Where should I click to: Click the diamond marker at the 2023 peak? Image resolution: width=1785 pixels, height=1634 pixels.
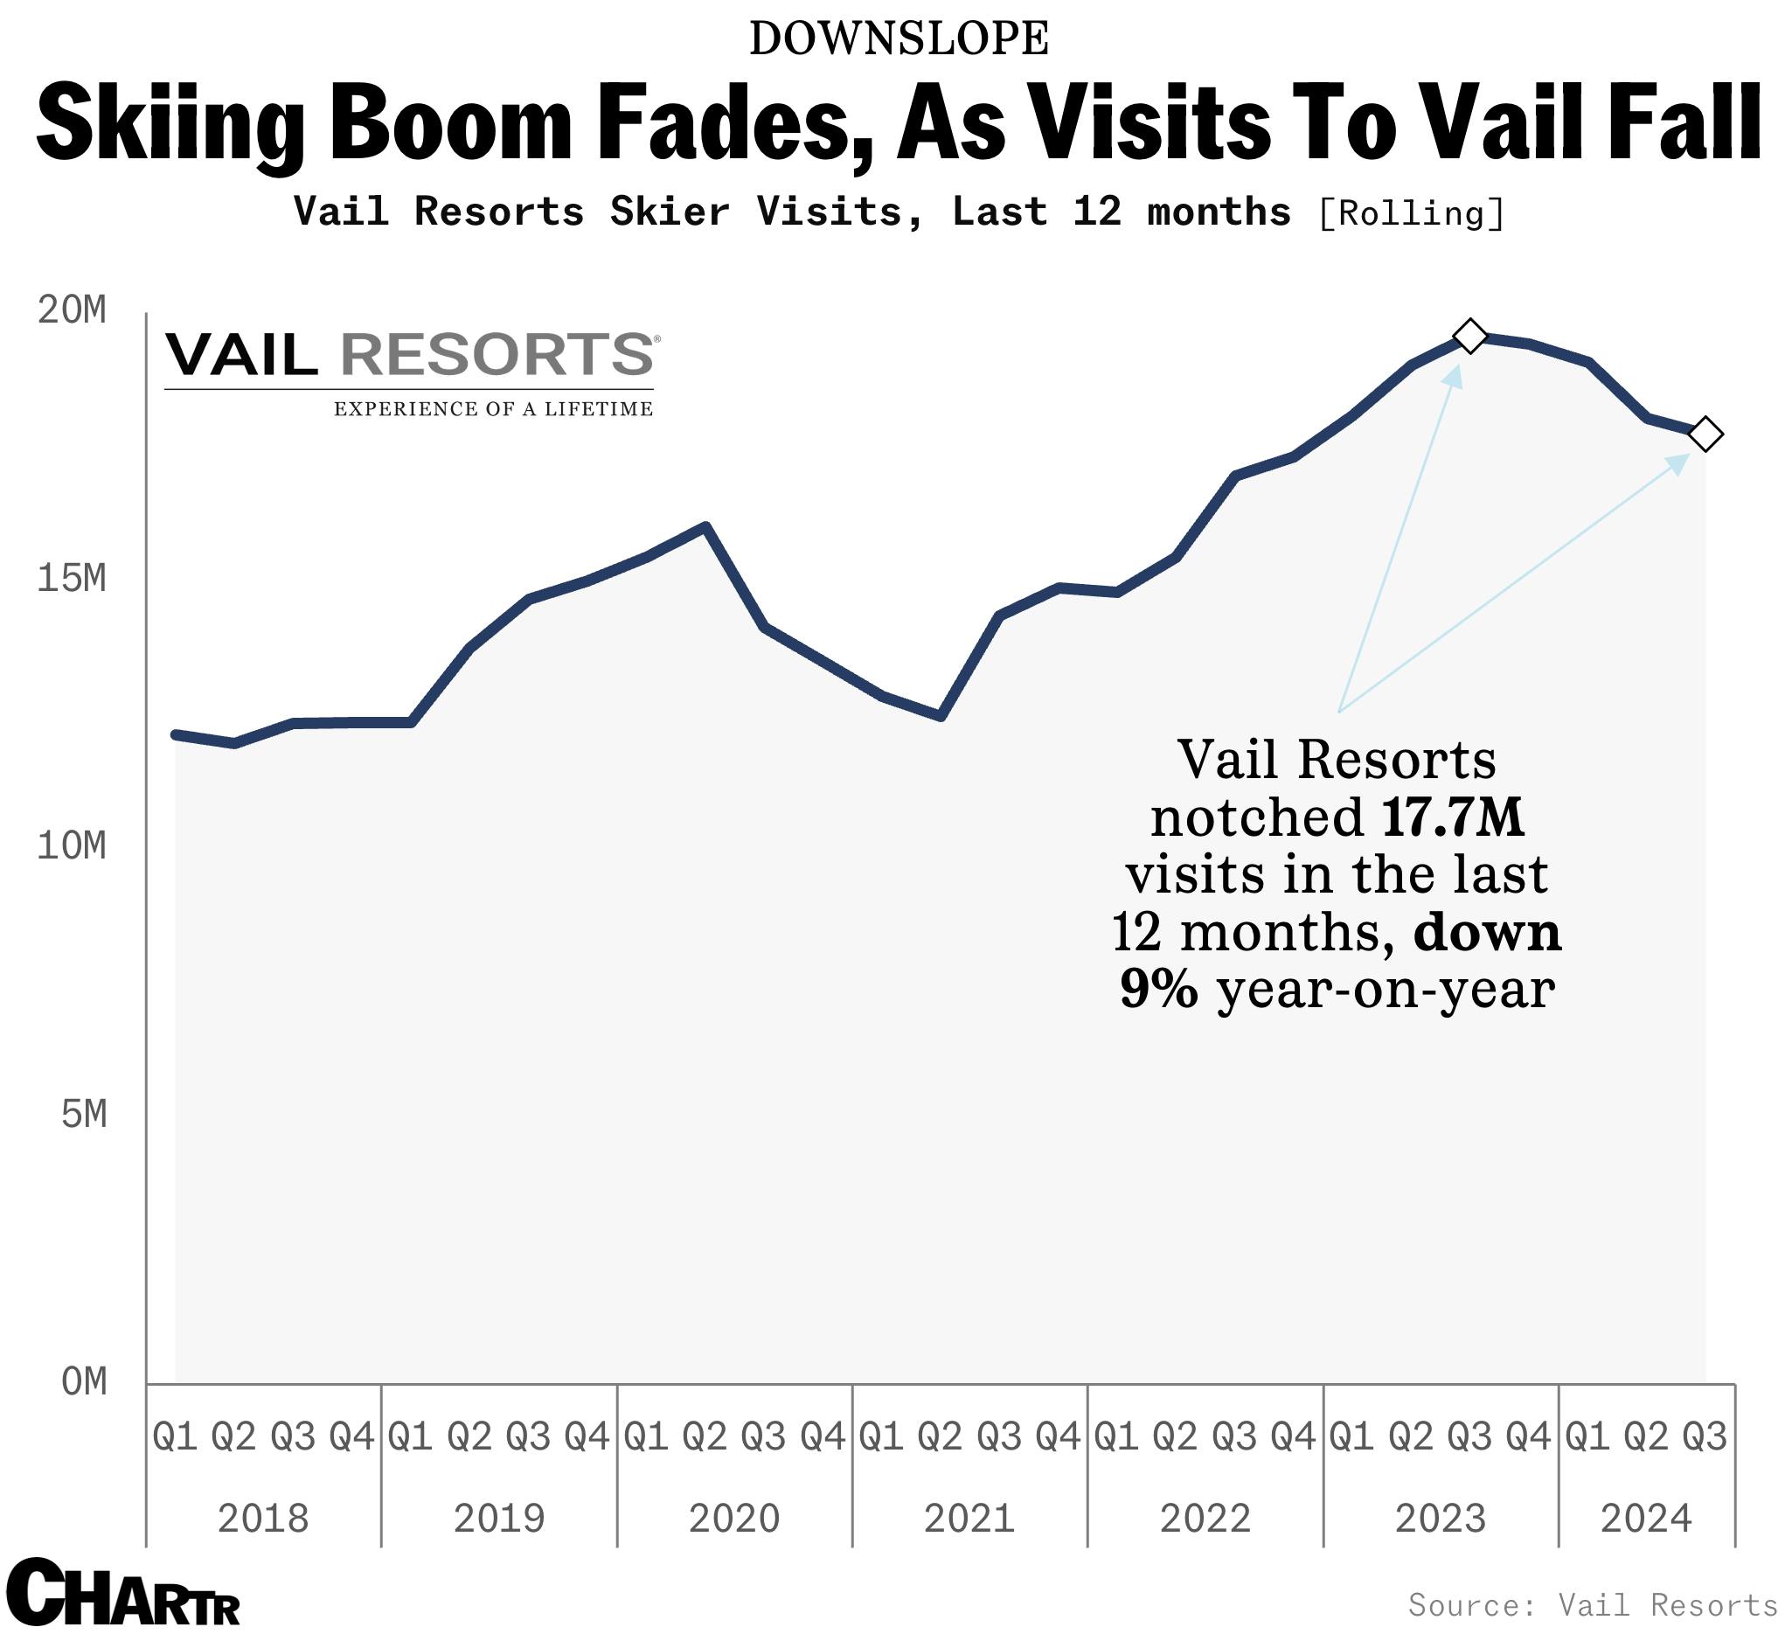click(x=1469, y=337)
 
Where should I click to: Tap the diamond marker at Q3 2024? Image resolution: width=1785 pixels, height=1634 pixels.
click(x=1705, y=434)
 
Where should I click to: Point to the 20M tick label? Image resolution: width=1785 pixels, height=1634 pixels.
click(x=72, y=311)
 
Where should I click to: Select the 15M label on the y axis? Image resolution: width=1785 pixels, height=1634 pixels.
click(x=72, y=580)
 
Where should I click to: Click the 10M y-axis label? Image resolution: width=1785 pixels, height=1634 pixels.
click(x=72, y=847)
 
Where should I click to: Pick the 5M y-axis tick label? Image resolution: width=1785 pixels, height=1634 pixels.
click(x=84, y=1116)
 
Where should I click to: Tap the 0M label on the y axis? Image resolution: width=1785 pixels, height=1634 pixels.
click(x=84, y=1383)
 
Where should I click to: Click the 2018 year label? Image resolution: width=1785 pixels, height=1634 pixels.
click(x=263, y=1519)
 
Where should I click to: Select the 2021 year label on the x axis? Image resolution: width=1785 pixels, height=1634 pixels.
click(x=969, y=1519)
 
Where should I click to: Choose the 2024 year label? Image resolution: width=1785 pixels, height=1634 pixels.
click(x=1646, y=1519)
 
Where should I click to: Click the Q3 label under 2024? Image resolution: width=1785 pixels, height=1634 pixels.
click(x=1705, y=1436)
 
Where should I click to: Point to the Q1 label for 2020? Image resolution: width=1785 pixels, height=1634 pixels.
click(x=645, y=1436)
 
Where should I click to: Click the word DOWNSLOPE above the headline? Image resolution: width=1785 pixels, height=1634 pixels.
click(x=899, y=40)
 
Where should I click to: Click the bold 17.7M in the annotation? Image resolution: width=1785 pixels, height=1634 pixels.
click(x=1452, y=817)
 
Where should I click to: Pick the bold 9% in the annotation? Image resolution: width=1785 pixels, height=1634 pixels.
click(x=1159, y=991)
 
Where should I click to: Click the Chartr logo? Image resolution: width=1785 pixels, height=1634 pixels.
click(x=122, y=1596)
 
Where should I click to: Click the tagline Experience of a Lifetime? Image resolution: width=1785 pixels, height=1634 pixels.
click(x=493, y=409)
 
